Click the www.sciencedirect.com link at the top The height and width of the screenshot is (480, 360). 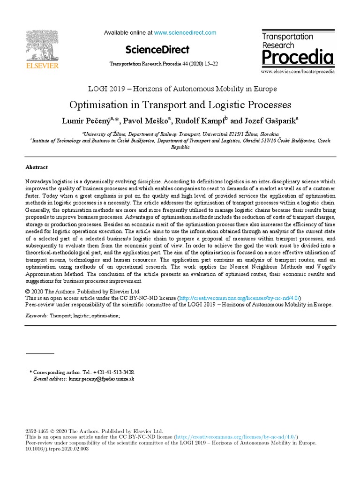pos(185,33)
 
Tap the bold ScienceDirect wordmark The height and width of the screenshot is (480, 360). pos(157,49)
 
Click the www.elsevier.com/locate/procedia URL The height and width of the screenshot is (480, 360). pos(298,72)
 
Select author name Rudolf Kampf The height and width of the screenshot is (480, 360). pos(202,120)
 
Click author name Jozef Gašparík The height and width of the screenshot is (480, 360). pos(270,120)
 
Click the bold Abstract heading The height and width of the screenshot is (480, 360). pos(36,167)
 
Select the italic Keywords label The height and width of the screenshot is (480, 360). pos(36,316)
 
